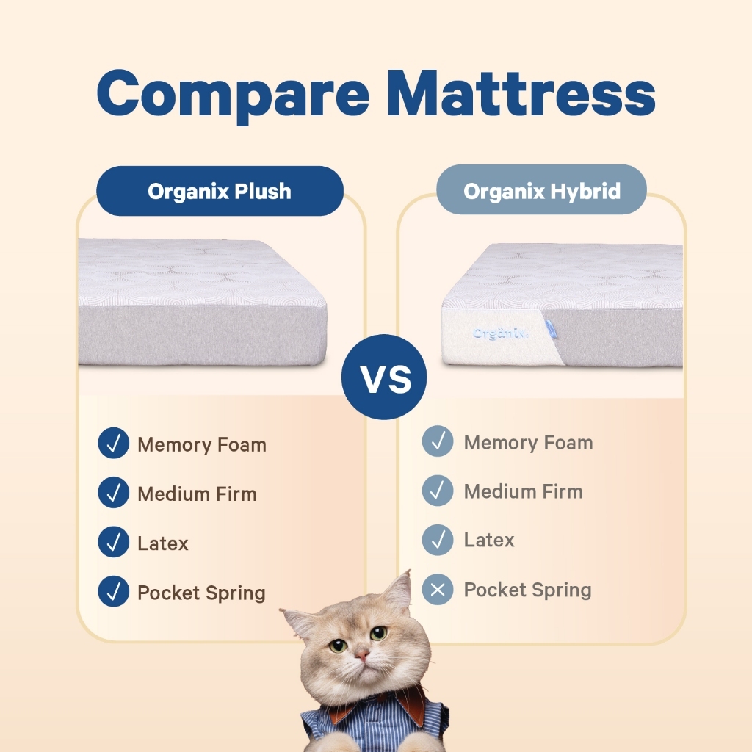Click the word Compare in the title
click(x=234, y=95)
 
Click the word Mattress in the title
click(x=521, y=93)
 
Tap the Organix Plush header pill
click(x=220, y=191)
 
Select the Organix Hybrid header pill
click(x=541, y=190)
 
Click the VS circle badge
click(x=384, y=377)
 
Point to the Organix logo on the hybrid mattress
click(x=499, y=333)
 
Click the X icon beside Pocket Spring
click(x=438, y=590)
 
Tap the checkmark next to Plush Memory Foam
click(x=113, y=443)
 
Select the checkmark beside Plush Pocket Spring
click(x=113, y=591)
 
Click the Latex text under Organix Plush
click(x=162, y=543)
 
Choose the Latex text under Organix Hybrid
click(x=488, y=540)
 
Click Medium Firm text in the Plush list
click(x=197, y=494)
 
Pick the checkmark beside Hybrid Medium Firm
click(x=438, y=491)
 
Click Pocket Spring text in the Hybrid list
click(x=527, y=590)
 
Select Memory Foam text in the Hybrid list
click(x=528, y=443)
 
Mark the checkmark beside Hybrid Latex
click(x=438, y=540)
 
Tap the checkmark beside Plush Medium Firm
click(x=113, y=493)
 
